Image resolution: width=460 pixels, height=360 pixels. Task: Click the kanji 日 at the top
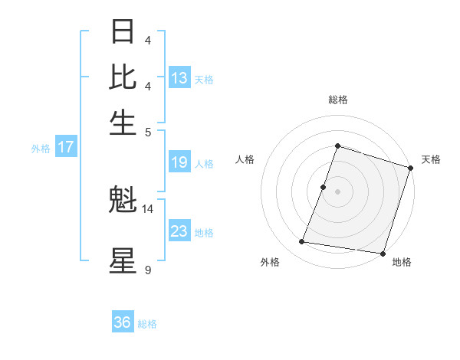pos(123,33)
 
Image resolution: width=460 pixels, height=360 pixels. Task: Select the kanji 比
pos(123,78)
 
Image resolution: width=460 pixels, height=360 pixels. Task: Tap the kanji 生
pos(123,123)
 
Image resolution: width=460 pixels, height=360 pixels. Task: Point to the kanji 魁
pos(123,201)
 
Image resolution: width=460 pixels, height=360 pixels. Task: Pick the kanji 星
pos(123,260)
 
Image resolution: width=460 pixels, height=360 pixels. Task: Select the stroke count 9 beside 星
pos(148,270)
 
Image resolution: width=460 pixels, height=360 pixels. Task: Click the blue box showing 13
pos(179,78)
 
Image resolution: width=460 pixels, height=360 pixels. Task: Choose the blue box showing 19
pos(179,162)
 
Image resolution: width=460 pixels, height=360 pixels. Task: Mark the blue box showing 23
pos(179,231)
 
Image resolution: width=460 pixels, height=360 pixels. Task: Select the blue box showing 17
pos(66,148)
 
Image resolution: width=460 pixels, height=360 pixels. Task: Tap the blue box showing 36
pos(123,322)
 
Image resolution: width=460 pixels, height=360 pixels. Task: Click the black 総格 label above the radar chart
pos(338,100)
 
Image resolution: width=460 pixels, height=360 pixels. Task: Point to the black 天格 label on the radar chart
pos(432,159)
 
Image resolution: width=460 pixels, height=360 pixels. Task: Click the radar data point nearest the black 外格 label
pos(301,242)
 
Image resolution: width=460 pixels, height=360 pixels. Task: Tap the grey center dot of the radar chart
pos(338,191)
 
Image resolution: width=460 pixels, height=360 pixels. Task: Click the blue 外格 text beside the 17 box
pos(41,149)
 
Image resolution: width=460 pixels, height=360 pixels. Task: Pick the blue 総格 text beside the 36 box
pos(147,323)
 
